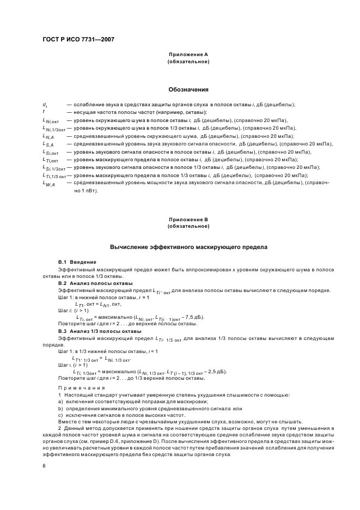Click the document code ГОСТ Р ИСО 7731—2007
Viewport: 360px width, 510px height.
[x=78, y=39]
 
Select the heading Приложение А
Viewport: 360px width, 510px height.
[x=188, y=55]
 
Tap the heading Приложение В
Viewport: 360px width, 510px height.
[x=188, y=220]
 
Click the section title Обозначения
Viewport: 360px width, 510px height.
[x=188, y=89]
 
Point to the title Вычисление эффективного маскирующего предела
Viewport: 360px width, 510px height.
[x=188, y=247]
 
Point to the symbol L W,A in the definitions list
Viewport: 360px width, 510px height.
[x=49, y=184]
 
